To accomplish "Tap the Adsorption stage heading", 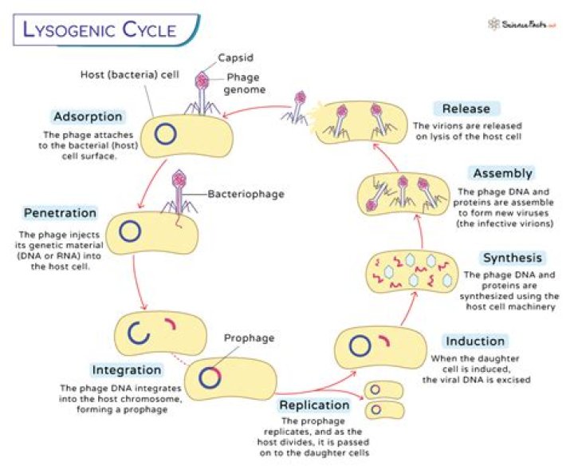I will (x=88, y=117).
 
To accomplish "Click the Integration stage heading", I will (x=127, y=370).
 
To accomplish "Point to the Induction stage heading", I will (x=475, y=342).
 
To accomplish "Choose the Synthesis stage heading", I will (x=513, y=258).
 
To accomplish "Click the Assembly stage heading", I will (x=502, y=174).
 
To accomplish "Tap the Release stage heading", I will (x=467, y=109).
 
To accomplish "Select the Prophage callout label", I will (x=249, y=338).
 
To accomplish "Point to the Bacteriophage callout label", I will (x=246, y=193).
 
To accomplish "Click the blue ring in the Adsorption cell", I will (x=165, y=134).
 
